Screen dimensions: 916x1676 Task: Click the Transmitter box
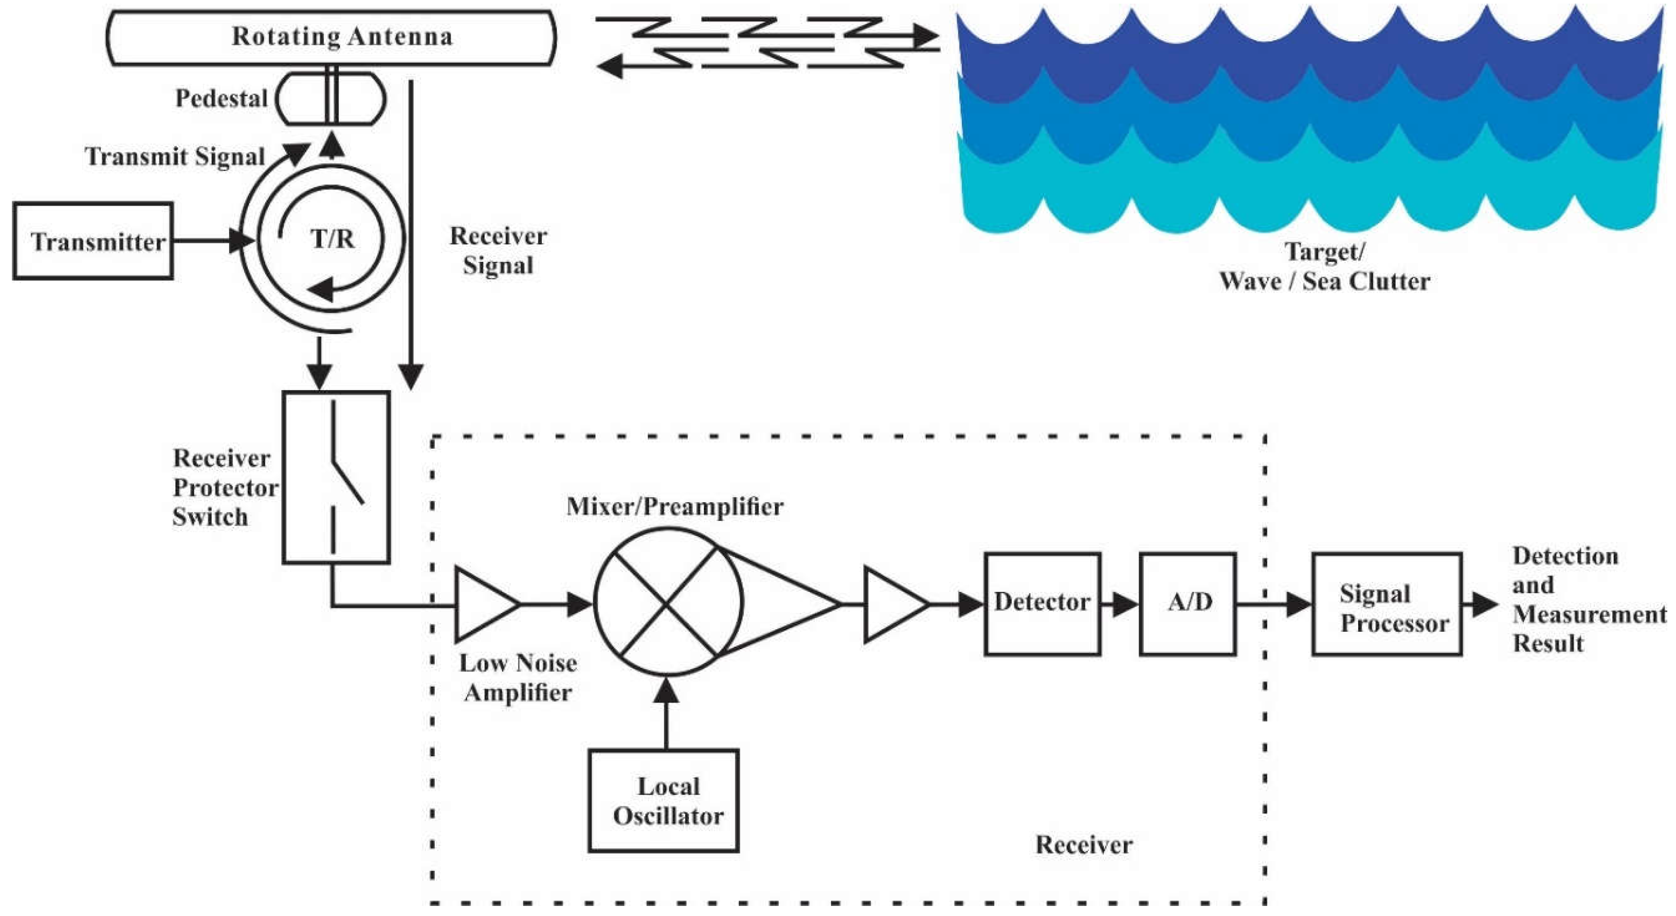(x=93, y=241)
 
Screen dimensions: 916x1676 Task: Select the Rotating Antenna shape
(x=331, y=37)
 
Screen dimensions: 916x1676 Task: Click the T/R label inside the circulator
(x=333, y=239)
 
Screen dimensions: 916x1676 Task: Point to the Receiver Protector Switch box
(x=336, y=477)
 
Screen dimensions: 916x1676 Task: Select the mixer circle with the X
(x=668, y=602)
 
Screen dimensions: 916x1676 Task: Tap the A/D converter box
(x=1187, y=603)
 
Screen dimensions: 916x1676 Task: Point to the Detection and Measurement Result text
(x=1588, y=599)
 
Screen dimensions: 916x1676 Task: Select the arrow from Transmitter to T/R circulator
(x=212, y=241)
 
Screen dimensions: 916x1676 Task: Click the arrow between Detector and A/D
(x=1120, y=604)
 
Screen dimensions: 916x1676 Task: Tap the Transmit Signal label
(x=175, y=157)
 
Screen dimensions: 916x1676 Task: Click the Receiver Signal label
(x=498, y=250)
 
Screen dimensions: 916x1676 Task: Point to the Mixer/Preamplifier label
(x=675, y=506)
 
